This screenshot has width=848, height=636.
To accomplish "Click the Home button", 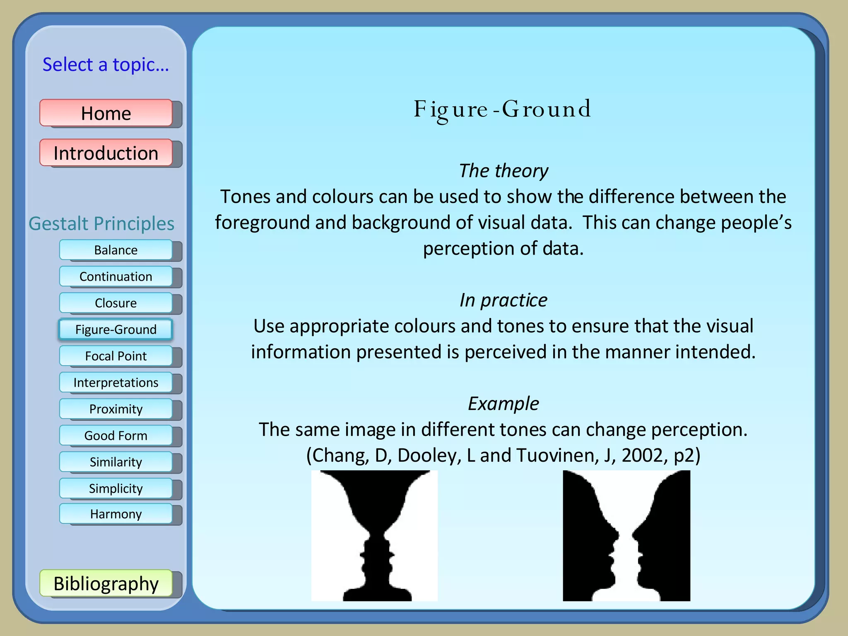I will pos(106,113).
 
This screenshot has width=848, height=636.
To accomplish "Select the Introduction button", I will pos(106,153).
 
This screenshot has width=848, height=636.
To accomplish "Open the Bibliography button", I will pos(106,583).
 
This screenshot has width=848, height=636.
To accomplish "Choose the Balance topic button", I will pos(116,250).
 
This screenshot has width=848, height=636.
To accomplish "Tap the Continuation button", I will pos(116,277).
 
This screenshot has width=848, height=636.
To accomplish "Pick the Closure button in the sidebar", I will pos(116,303).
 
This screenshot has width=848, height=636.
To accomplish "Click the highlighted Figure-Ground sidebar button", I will pos(116,330).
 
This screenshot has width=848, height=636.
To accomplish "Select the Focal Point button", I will pos(116,356).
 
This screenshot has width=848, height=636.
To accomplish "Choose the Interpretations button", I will pos(116,383).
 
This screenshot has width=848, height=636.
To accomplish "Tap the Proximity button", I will pos(116,409).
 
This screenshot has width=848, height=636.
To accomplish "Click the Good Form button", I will pos(116,436).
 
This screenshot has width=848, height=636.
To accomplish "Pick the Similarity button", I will pos(116,462).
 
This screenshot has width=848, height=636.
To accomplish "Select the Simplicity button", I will pos(116,489).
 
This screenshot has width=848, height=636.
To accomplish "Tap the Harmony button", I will pos(116,514).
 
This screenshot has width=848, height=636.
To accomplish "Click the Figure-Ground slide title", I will pos(503,109).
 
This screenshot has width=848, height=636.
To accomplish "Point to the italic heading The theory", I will pos(503,171).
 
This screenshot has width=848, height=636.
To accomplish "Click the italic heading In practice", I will pos(503,300).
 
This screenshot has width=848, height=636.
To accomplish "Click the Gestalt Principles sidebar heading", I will pos(101,224).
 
